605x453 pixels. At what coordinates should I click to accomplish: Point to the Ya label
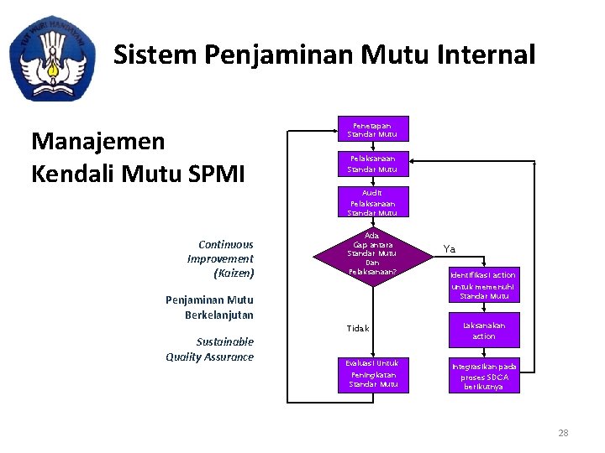[x=450, y=249]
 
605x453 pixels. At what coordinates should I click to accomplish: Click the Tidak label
[x=358, y=328]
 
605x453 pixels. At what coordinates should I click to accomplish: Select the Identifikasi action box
[x=483, y=285]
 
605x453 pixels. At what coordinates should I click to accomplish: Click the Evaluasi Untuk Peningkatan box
[x=374, y=373]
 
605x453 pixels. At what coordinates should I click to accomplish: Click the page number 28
[x=563, y=433]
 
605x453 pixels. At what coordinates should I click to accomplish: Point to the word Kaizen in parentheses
[x=234, y=273]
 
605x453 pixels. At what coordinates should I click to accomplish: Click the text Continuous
[x=226, y=245]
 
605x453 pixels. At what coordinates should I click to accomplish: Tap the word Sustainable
[x=224, y=342]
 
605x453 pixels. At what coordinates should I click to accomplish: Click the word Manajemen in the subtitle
[x=97, y=141]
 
